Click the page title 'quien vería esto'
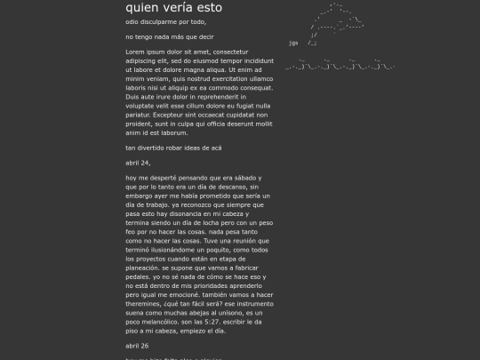coord(174,7)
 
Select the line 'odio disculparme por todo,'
coord(165,21)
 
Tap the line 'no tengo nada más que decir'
coord(169,37)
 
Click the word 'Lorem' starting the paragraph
coord(135,52)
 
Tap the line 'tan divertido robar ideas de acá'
coord(173,148)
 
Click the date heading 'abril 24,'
coord(138,163)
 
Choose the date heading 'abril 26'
coord(137,345)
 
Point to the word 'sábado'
coord(248,178)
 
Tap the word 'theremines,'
coord(146,302)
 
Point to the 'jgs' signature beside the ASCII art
coord(292,42)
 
